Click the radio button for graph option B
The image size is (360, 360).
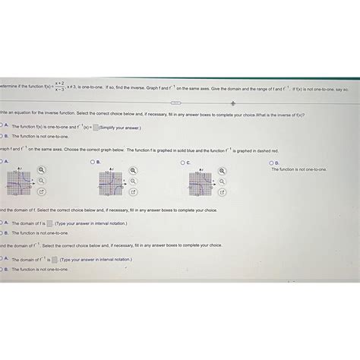(x=92, y=163)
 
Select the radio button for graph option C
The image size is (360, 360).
(x=182, y=163)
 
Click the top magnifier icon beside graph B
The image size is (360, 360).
(x=133, y=171)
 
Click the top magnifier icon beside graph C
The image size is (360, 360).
(x=223, y=171)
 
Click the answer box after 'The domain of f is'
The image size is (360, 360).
(x=49, y=223)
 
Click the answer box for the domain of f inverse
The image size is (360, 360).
(x=55, y=259)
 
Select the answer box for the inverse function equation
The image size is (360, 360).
(x=94, y=128)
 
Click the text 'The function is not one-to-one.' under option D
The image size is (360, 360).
(x=299, y=169)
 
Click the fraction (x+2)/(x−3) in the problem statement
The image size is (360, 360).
(x=59, y=89)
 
